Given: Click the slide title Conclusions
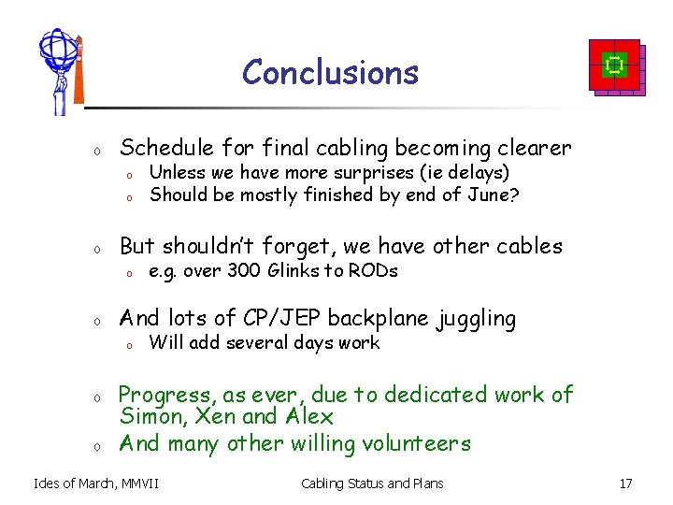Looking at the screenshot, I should click(330, 72).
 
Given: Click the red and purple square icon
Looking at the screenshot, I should click(614, 66).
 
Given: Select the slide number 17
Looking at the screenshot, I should click(625, 483).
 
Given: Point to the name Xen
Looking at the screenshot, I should click(214, 417).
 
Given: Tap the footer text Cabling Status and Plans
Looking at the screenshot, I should click(372, 483).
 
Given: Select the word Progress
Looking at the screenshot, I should click(165, 395).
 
